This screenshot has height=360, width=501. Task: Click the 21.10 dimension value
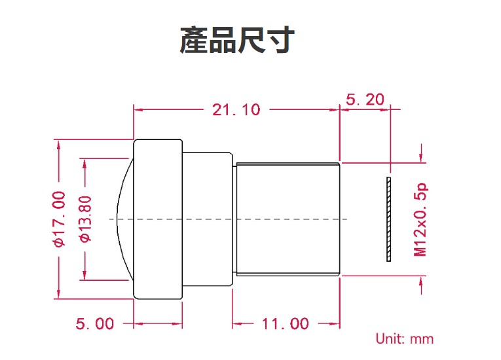coord(236,110)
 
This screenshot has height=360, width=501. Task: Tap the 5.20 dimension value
coord(365,99)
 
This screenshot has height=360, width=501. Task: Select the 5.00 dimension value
coord(95,323)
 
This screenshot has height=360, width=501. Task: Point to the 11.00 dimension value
coord(286,323)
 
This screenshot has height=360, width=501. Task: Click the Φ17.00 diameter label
coord(60,219)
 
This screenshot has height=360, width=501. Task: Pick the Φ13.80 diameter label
coord(86,219)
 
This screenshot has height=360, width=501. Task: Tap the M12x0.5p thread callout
coord(420,219)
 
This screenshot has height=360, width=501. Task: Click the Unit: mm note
coord(405,338)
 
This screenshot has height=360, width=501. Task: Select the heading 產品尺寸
coord(237,40)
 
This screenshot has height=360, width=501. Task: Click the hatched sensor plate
coord(388,219)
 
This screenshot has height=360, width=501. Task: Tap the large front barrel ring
coord(158,219)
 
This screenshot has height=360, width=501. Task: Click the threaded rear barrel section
coord(288,219)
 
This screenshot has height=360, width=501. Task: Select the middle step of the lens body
coord(208,219)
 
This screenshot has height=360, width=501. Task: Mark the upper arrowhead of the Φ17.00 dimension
coord(58,145)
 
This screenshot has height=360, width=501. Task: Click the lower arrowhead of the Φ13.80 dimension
coord(84,276)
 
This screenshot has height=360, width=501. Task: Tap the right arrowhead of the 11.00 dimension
coord(335,324)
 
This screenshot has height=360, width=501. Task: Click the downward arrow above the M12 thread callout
coord(422,153)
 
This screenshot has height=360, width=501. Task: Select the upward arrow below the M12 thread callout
coord(422,285)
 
